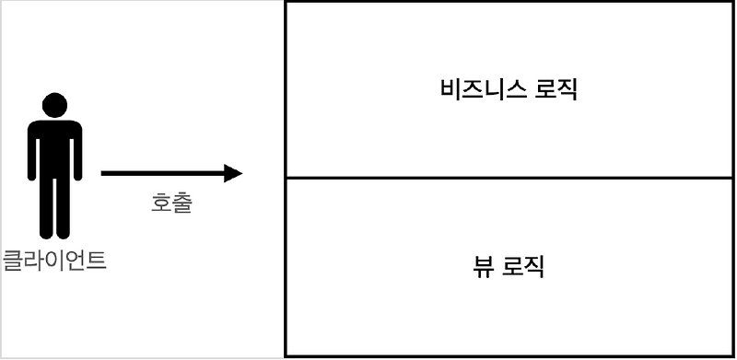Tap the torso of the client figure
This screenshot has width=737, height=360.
pos(54,147)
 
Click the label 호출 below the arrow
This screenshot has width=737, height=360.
pos(171,203)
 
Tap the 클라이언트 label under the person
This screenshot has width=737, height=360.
pos(55,261)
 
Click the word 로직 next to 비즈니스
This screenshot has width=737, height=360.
pos(556,90)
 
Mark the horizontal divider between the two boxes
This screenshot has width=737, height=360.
pos(509,178)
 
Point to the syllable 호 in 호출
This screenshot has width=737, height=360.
pos(161,203)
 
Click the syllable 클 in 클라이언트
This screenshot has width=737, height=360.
pos(14,261)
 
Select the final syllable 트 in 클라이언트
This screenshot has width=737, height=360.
pos(97,261)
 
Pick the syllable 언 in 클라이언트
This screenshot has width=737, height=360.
pos(76,261)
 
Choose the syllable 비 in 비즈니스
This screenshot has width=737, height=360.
pos(451,90)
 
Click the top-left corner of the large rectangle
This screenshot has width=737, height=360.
pos(287,3)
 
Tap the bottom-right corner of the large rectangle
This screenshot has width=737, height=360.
pos(733,354)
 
